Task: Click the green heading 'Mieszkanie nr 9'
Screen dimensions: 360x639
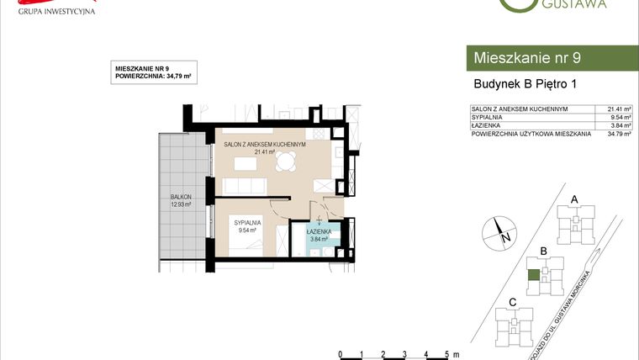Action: tap(527, 58)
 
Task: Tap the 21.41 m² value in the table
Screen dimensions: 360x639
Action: tap(619, 109)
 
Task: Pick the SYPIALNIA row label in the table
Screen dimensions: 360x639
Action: tap(487, 117)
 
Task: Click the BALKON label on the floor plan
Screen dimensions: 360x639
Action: tap(179, 199)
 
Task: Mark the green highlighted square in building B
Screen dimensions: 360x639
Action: tap(533, 274)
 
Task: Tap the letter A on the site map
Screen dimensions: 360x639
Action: tap(574, 199)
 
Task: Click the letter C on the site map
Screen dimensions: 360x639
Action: tap(513, 302)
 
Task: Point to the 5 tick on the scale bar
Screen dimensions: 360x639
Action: tap(447, 354)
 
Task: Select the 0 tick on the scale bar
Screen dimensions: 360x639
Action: tap(339, 354)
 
